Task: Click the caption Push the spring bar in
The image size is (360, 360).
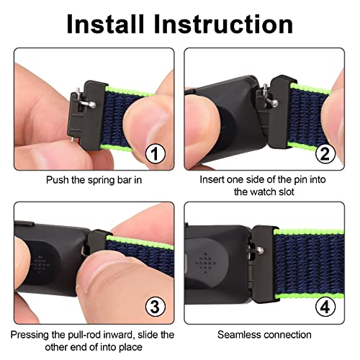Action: coord(94,180)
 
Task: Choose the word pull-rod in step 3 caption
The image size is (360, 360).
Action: coord(84,335)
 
